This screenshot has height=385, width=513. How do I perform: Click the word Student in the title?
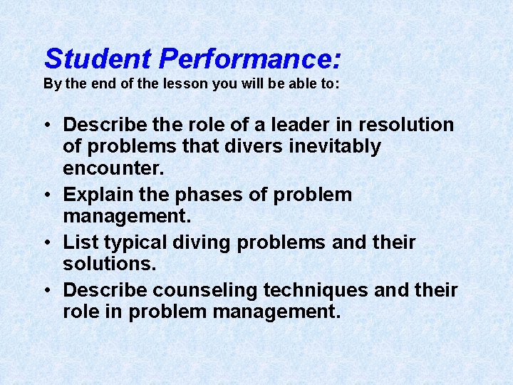click(98, 58)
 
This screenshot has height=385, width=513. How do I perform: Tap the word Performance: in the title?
click(250, 58)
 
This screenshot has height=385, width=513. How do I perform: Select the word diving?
click(207, 242)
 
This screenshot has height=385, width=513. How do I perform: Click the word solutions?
click(108, 265)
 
